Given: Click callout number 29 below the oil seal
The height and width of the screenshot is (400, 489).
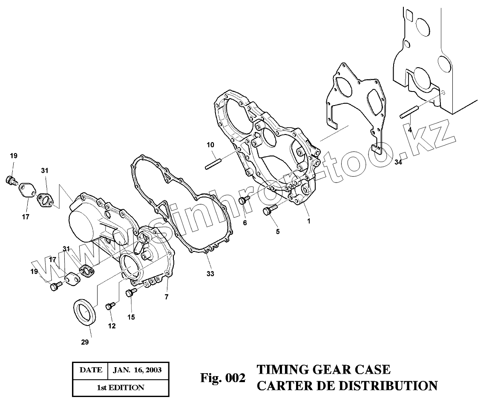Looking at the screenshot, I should click(x=85, y=342).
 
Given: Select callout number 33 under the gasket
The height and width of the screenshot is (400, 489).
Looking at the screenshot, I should click(x=210, y=274).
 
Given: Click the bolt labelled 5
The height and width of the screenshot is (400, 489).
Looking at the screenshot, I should click(x=270, y=209).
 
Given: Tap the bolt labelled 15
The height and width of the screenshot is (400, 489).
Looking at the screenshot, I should click(x=130, y=292).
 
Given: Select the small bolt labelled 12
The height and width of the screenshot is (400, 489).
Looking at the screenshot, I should click(x=110, y=305).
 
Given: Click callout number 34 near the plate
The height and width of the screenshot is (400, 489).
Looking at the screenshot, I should click(x=398, y=163).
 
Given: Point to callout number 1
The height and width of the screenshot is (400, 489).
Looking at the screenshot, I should click(x=309, y=221).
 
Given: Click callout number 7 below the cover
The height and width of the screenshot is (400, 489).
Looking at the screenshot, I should click(x=167, y=296).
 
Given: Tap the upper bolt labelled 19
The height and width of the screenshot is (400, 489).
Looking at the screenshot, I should click(x=11, y=181).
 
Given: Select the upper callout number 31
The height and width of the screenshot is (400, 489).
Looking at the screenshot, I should click(x=45, y=171).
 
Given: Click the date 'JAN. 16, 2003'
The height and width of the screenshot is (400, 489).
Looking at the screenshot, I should click(x=137, y=370).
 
